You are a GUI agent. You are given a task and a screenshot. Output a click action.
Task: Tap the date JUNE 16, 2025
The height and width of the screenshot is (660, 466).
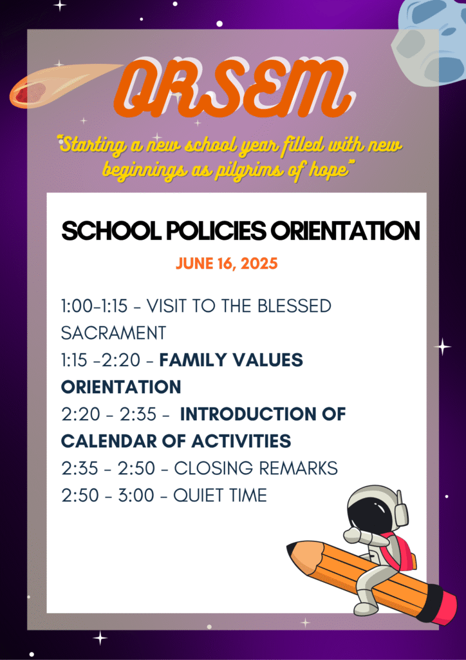227,264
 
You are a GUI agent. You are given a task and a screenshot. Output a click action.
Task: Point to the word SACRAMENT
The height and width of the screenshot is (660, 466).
113,333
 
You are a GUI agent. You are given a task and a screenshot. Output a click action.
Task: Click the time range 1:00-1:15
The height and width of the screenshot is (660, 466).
94,306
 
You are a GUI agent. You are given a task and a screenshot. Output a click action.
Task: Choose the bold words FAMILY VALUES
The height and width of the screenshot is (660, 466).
231,360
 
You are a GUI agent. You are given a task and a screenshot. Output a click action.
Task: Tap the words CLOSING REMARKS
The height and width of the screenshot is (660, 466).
256,469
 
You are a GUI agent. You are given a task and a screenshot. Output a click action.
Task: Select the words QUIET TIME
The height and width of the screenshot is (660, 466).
220,496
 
